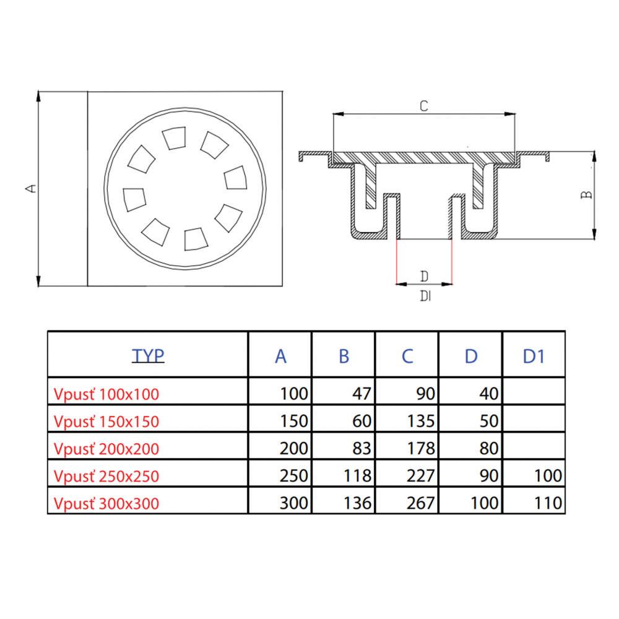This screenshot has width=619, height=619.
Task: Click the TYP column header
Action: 148,355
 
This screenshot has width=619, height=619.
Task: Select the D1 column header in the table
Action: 534,356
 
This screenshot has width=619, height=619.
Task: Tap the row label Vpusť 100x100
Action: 106,394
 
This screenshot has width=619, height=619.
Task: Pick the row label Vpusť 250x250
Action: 106,477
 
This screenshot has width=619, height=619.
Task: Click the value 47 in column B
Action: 361,394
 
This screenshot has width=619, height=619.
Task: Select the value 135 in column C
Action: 421,421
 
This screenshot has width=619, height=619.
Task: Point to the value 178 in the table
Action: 421,448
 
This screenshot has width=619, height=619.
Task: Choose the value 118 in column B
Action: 357,475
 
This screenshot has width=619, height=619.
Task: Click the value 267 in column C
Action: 421,503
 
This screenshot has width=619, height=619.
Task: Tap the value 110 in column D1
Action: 548,503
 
